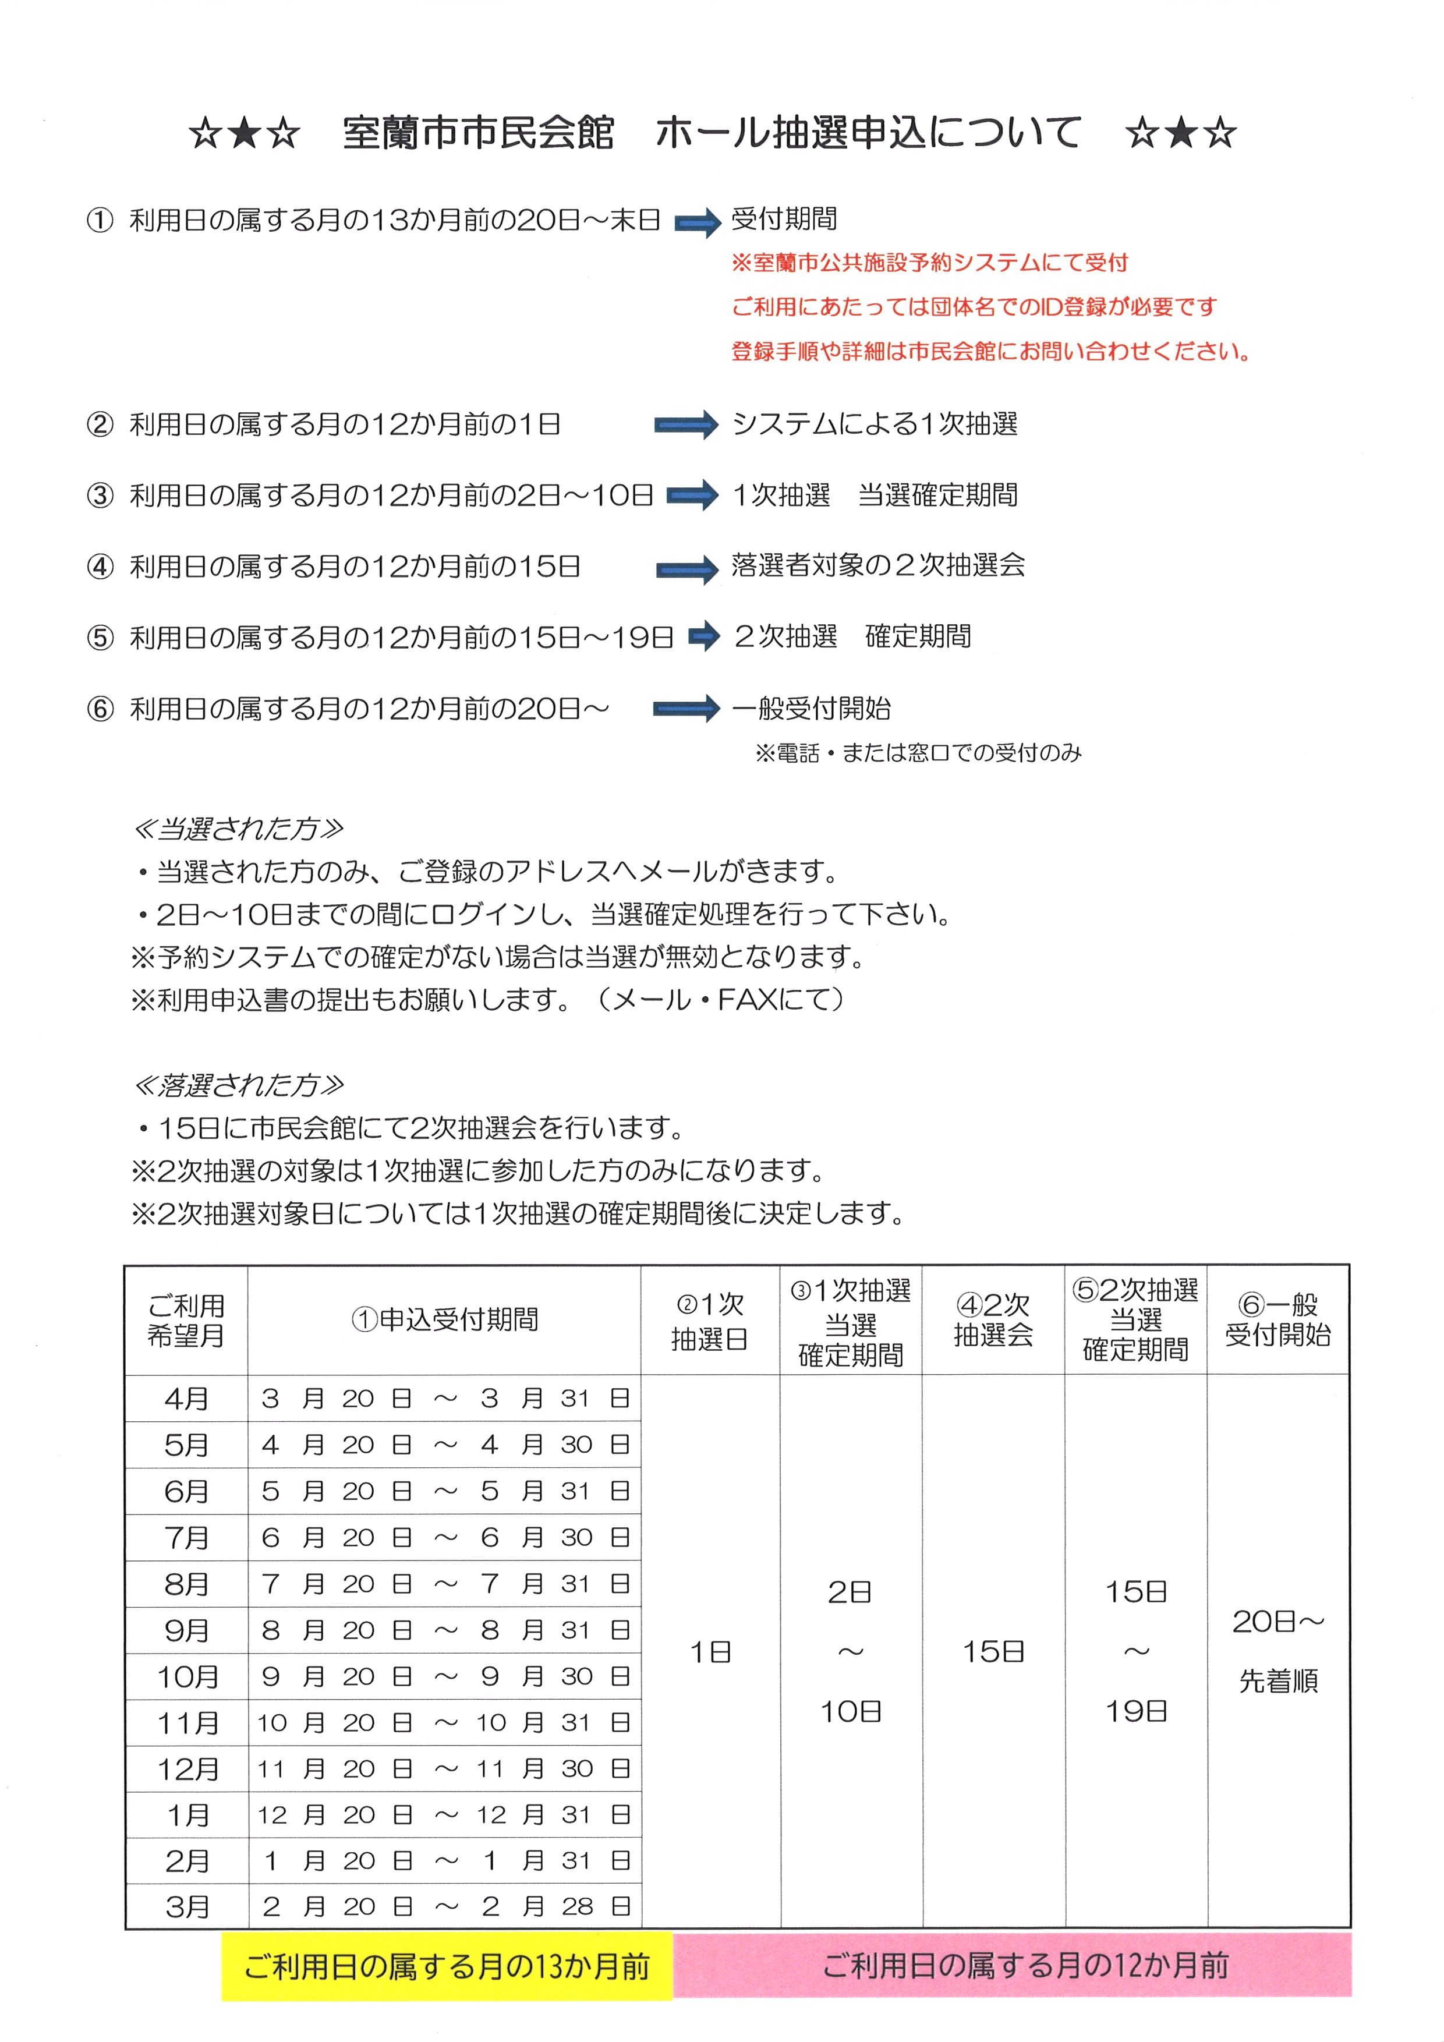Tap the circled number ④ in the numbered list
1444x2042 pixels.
[100, 567]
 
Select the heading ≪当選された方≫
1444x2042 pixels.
[238, 829]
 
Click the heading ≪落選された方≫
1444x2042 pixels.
[238, 1085]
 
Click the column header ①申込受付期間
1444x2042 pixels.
[445, 1320]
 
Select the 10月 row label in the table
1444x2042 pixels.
[187, 1676]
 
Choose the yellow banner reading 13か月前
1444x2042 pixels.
[447, 1966]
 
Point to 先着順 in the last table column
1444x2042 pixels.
[1277, 1681]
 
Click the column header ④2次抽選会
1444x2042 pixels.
[993, 1320]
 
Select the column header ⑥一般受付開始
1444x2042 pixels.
[1277, 1320]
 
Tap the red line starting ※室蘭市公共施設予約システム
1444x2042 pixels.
[929, 263]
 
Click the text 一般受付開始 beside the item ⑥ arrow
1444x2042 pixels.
[811, 709]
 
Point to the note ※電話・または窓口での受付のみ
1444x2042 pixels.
[918, 753]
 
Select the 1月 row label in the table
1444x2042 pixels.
[187, 1814]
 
